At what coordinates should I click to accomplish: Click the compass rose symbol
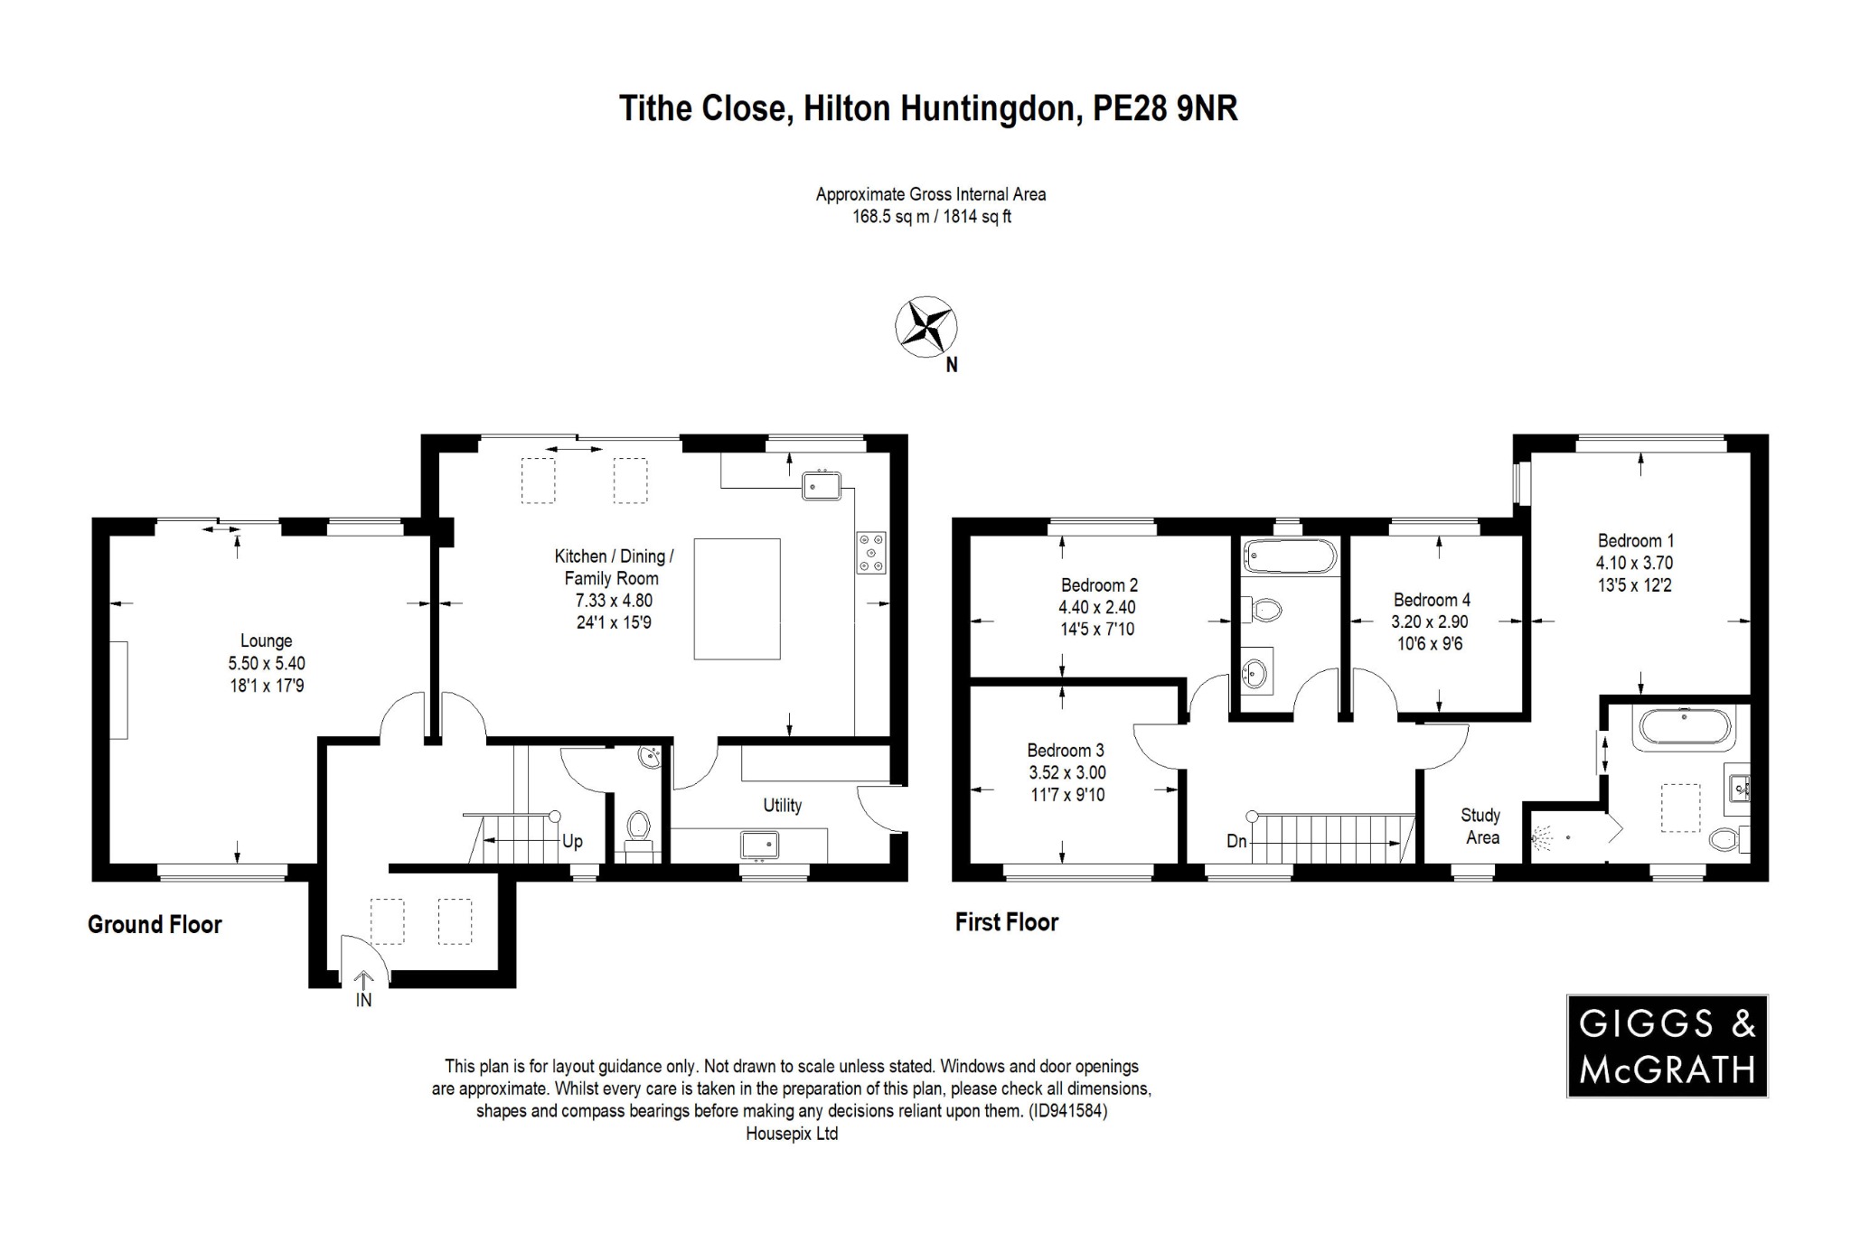[925, 326]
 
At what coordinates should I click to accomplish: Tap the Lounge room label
[266, 640]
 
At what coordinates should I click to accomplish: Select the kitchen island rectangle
[737, 599]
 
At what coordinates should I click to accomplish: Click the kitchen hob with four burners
[871, 552]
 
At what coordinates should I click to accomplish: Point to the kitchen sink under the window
[821, 486]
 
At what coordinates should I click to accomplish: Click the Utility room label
[782, 805]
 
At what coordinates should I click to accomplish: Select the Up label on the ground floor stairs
[572, 841]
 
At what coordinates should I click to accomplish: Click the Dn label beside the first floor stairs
[1236, 841]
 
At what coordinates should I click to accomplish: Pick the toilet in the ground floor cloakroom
[638, 826]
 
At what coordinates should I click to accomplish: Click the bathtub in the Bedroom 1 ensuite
[1682, 728]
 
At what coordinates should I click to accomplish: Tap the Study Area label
[1480, 826]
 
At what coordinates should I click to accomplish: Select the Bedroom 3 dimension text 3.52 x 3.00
[1066, 772]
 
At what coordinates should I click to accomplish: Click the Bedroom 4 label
[1432, 600]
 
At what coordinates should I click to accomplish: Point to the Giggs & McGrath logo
[1667, 1046]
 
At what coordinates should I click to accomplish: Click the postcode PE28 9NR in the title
[1165, 108]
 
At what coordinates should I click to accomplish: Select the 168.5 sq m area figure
[889, 217]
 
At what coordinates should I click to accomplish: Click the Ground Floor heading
[155, 924]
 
